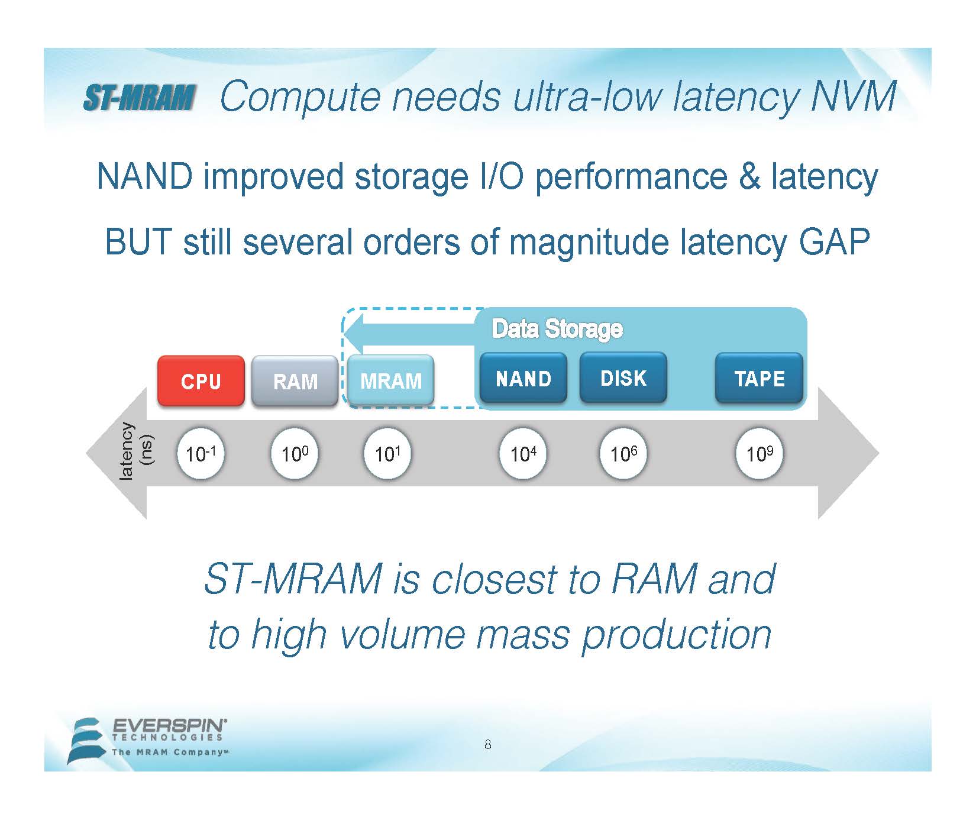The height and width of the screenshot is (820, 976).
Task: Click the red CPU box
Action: (x=201, y=380)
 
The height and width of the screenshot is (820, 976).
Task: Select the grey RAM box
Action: (x=295, y=380)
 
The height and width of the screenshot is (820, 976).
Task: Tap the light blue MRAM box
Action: (x=390, y=380)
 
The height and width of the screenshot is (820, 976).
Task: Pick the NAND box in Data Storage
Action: (x=523, y=378)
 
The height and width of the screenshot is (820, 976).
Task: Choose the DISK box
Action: (x=623, y=378)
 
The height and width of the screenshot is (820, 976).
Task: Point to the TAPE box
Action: (x=760, y=378)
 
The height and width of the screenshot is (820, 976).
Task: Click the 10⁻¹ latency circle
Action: (x=201, y=454)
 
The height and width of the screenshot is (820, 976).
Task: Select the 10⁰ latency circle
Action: (x=295, y=454)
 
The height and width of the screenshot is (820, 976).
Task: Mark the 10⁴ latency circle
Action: (x=523, y=454)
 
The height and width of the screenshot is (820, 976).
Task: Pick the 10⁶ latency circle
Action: (x=623, y=454)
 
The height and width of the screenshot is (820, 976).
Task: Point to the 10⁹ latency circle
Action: (x=760, y=454)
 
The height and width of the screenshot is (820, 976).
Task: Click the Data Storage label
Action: (x=557, y=329)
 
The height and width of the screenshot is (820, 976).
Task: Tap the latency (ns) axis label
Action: (x=137, y=451)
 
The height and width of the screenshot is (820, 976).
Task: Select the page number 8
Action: (x=487, y=744)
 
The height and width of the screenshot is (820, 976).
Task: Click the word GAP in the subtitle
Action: (x=834, y=241)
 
